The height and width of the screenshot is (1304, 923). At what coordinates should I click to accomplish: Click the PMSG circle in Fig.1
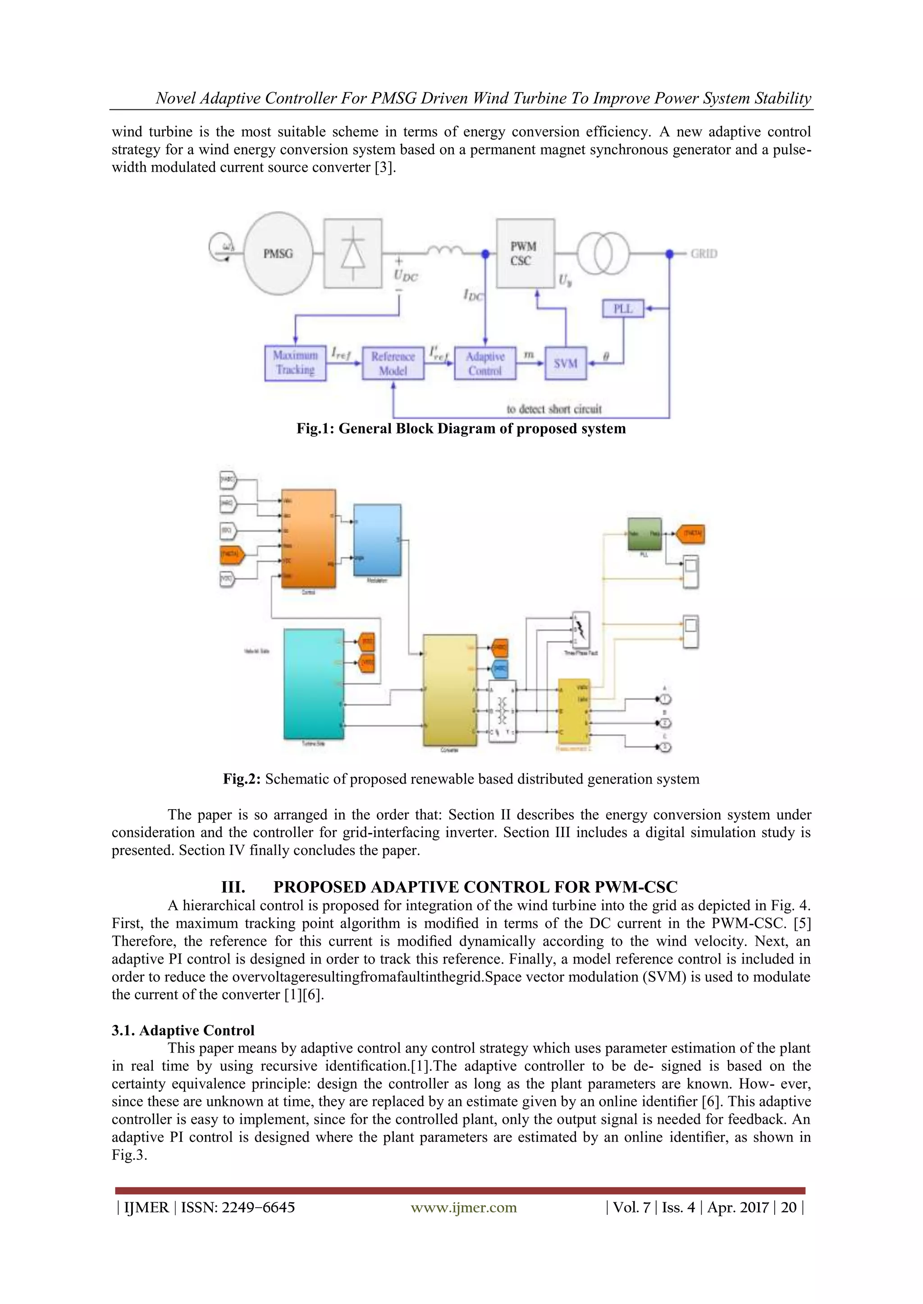click(x=278, y=254)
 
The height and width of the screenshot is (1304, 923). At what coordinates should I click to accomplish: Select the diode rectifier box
click(x=352, y=254)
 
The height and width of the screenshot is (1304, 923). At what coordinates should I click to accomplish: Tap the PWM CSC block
click(x=525, y=254)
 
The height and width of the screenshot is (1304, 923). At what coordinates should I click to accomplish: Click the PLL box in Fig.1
click(x=623, y=308)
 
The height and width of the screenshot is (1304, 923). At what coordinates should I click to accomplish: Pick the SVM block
click(x=565, y=363)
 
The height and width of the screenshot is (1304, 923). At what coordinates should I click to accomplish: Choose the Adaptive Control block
click(x=485, y=363)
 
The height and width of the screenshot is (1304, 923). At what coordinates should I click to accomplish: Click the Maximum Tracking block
click(x=295, y=363)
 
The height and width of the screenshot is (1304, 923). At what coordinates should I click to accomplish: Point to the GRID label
click(x=704, y=254)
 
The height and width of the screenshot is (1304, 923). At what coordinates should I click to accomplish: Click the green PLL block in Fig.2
click(x=644, y=534)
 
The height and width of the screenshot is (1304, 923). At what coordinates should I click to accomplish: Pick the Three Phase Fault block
click(x=581, y=630)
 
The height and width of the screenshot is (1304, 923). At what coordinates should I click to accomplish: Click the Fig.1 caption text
click(x=461, y=429)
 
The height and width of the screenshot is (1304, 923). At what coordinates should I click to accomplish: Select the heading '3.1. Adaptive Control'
click(x=183, y=1030)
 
